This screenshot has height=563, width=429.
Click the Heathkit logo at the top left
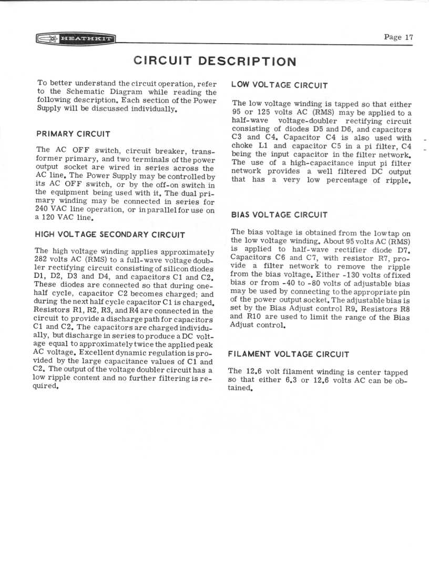pyautogui.click(x=75, y=38)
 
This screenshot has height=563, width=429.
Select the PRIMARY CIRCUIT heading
pyautogui.click(x=73, y=134)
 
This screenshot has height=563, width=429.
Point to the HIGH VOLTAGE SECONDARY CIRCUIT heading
pyautogui.click(x=110, y=235)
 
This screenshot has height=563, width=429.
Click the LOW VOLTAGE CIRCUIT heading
pyautogui.click(x=280, y=85)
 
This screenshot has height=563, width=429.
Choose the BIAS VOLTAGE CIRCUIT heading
pyautogui.click(x=279, y=215)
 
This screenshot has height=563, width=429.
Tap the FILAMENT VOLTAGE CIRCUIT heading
pyautogui.click(x=289, y=355)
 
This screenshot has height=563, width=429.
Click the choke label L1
pyautogui.click(x=265, y=146)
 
